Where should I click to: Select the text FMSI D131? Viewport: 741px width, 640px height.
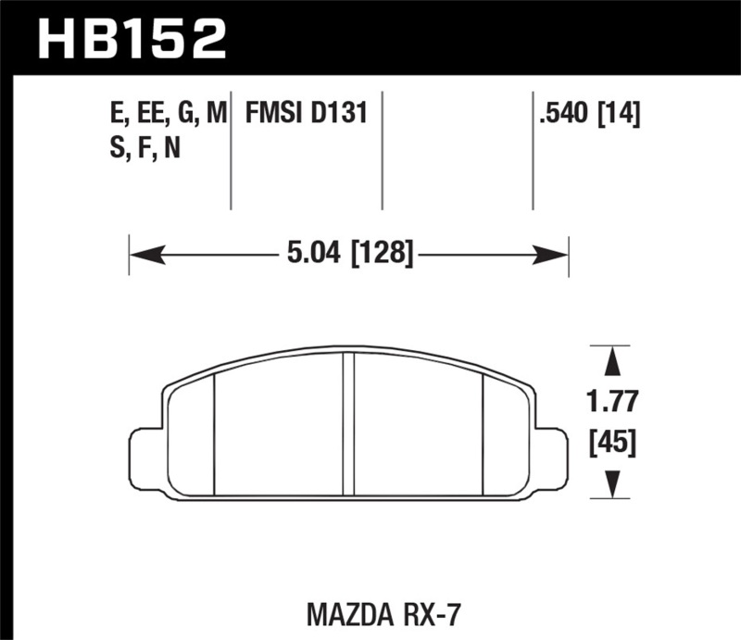point(307,115)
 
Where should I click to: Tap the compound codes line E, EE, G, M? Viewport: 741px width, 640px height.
point(168,115)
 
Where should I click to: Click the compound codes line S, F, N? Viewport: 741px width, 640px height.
point(144,148)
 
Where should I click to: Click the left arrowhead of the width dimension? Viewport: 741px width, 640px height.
point(139,250)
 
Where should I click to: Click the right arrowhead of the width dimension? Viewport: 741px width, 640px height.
point(558,250)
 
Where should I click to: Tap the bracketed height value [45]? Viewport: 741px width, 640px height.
point(611,443)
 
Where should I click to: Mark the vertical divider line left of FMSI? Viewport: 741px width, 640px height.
point(231,153)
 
